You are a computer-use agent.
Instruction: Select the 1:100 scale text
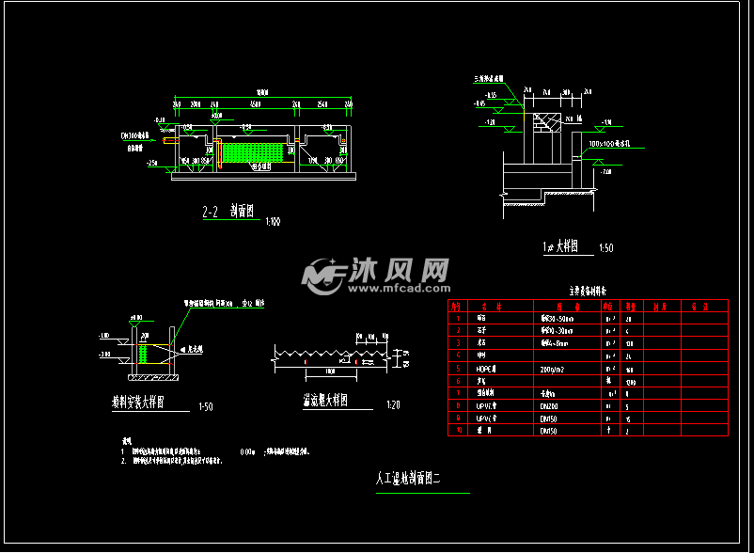pos(272,222)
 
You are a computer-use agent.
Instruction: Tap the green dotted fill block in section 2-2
pos(252,151)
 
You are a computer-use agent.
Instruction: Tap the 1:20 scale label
pos(392,406)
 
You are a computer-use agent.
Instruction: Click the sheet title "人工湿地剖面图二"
pos(409,479)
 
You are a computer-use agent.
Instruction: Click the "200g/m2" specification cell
pos(553,368)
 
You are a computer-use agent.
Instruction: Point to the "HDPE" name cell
pos(486,368)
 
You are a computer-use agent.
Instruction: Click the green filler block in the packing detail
pos(144,355)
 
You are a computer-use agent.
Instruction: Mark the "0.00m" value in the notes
pos(248,451)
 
